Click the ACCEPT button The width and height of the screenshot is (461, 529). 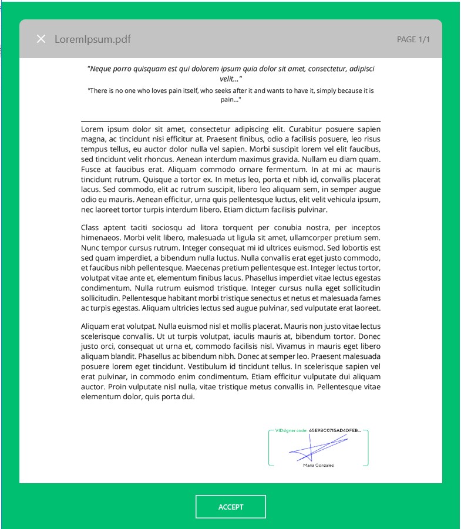tap(231, 507)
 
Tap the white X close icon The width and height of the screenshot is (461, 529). tap(41, 39)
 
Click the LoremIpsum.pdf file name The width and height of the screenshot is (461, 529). tap(93, 39)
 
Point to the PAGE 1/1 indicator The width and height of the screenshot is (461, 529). tap(413, 39)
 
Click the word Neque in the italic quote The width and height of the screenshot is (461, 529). tap(103, 69)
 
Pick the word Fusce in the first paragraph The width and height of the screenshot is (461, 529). tap(92, 169)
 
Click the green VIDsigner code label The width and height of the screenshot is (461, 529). tap(291, 430)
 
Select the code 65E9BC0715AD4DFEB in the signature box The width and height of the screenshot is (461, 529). tap(335, 430)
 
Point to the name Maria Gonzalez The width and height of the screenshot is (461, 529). tap(318, 466)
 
